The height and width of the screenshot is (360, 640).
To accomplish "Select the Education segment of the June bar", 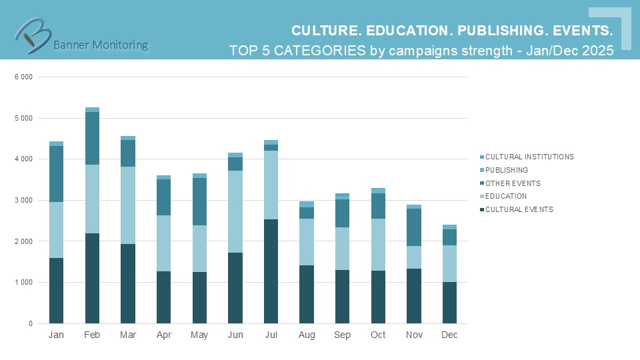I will point(235,211).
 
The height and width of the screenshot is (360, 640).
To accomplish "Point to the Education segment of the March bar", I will point(128,205).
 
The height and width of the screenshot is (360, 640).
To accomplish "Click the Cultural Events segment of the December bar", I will point(449,303).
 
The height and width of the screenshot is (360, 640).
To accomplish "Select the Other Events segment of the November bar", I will point(414,227).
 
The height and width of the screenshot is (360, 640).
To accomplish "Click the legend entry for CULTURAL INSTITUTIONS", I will point(529,157).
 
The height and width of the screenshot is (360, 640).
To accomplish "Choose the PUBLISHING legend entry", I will point(507,170).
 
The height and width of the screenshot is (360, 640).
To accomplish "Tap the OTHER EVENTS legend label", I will point(513,183).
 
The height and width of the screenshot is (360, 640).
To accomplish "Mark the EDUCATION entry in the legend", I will point(506,196).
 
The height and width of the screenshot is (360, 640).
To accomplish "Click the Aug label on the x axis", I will point(307,335).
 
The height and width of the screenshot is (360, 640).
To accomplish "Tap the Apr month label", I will point(164,335).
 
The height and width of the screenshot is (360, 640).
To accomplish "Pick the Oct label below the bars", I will point(378,335).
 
